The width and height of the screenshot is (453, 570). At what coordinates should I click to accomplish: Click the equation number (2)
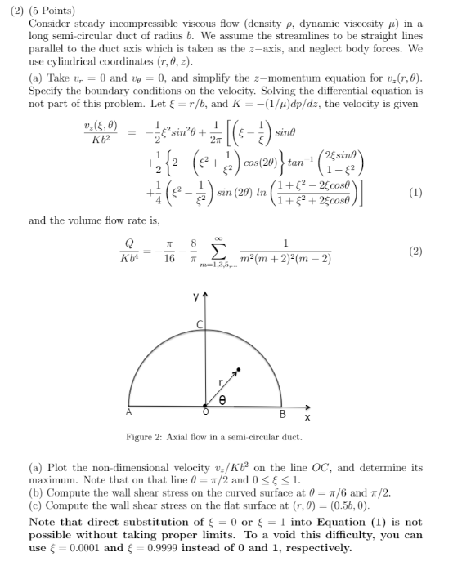point(415,252)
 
